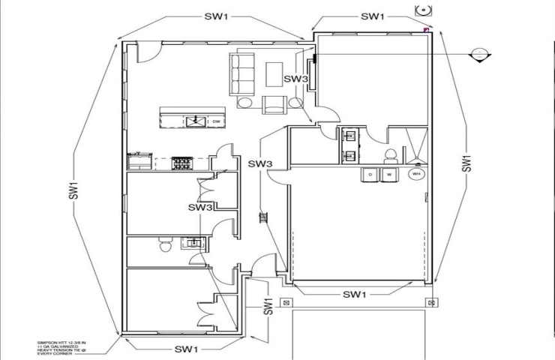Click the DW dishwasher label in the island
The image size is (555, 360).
coord(215,121)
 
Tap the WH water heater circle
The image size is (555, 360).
coord(415,175)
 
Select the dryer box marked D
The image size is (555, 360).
coord(370,175)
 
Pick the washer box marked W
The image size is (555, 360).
coord(388,175)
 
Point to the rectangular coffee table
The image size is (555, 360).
coord(273,73)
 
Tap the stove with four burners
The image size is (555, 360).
coord(182,161)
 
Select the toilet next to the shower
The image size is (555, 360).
coord(389,154)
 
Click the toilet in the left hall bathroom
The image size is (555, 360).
coord(166,245)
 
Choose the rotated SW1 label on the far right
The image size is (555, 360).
coord(466,164)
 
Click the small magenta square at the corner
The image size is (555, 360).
coord(426,29)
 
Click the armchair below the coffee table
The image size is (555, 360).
coord(273,106)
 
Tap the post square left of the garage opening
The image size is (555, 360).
coord(286,303)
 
